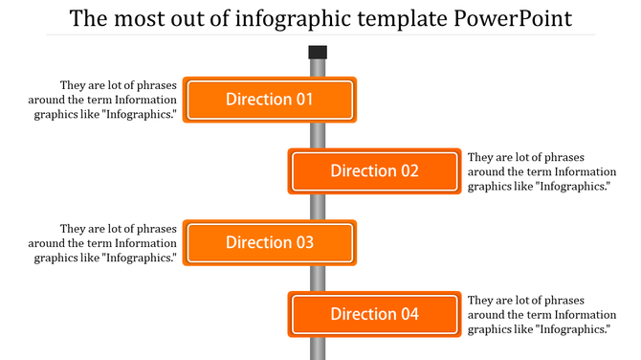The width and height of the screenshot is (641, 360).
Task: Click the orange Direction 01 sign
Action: (x=269, y=100)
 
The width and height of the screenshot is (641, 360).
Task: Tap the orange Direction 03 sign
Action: (x=269, y=243)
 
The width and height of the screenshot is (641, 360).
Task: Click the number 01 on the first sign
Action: (x=303, y=100)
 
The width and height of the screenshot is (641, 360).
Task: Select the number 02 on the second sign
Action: (x=409, y=171)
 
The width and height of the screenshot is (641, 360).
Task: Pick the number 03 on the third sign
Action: (x=303, y=243)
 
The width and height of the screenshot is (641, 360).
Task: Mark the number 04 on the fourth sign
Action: (x=409, y=314)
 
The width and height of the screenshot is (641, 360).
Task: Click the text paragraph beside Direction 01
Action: (x=105, y=100)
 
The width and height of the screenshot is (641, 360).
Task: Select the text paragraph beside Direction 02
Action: (x=539, y=171)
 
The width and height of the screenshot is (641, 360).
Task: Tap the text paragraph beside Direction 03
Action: (x=105, y=243)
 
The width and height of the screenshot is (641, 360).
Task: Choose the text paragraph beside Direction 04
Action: (x=539, y=314)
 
